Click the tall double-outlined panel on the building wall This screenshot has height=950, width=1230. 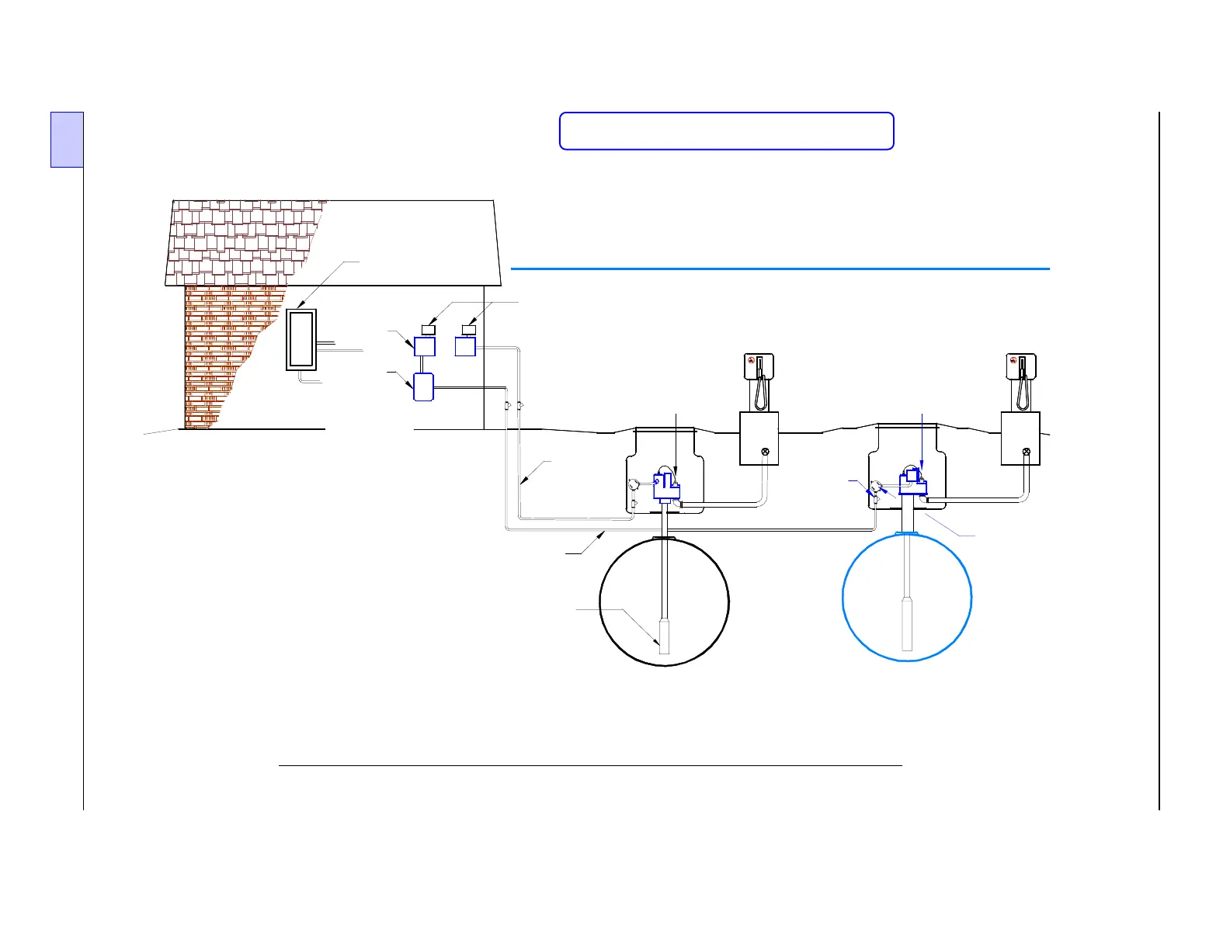[301, 339]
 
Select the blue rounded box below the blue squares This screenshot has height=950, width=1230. [423, 387]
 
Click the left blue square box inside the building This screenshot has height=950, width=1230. [425, 346]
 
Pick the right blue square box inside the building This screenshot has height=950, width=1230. [465, 346]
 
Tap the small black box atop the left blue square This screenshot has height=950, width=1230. [427, 330]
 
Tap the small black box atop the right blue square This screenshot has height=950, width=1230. [468, 330]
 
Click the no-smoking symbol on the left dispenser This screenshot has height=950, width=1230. [751, 360]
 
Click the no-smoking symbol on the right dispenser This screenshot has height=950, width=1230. [1013, 360]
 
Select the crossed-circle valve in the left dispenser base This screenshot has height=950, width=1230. [765, 452]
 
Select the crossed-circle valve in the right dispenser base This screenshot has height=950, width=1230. [1027, 452]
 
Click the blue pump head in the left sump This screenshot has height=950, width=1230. [666, 487]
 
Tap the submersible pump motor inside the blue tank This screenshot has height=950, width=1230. [907, 623]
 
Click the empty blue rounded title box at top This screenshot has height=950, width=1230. [726, 130]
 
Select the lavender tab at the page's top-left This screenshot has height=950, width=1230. [67, 140]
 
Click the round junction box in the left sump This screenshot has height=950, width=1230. [635, 487]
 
